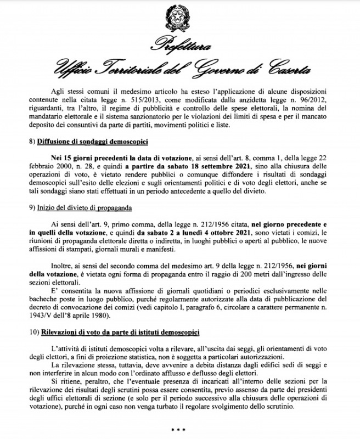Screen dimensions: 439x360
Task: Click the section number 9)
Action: click(x=31, y=208)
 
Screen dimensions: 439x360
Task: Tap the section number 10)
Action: click(x=32, y=333)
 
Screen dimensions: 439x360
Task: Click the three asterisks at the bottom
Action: click(x=179, y=429)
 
